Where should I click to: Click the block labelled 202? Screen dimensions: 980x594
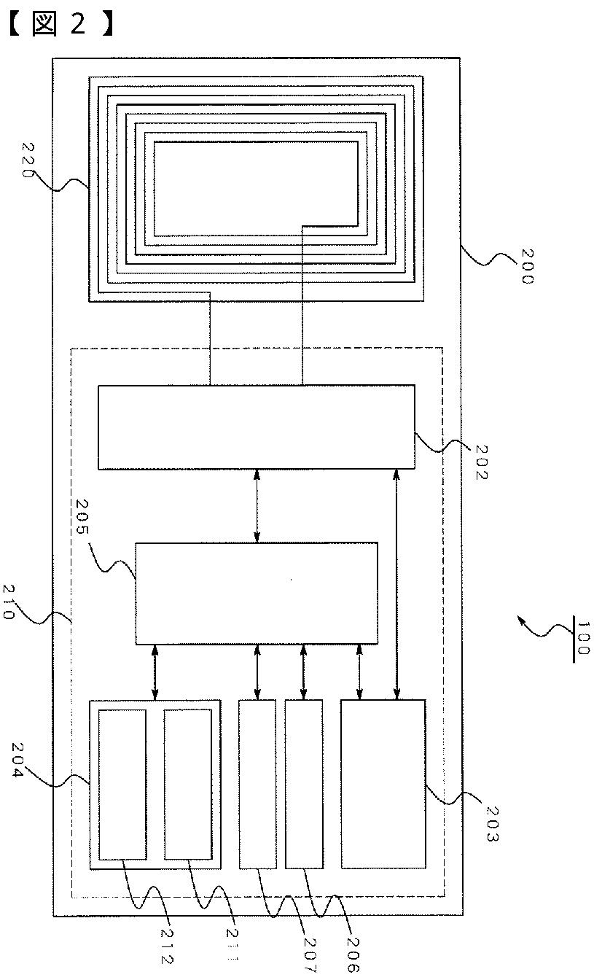pyautogui.click(x=256, y=427)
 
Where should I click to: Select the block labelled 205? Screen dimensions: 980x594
pyautogui.click(x=256, y=593)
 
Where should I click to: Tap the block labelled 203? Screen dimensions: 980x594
pyautogui.click(x=383, y=784)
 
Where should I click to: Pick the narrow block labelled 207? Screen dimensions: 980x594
pyautogui.click(x=258, y=784)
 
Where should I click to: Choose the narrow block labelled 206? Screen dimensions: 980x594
pyautogui.click(x=303, y=784)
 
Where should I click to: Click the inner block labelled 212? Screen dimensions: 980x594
pyautogui.click(x=122, y=784)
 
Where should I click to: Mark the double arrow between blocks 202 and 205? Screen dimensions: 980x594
pyautogui.click(x=257, y=506)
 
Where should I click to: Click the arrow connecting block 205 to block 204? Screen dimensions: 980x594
pyautogui.click(x=154, y=672)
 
